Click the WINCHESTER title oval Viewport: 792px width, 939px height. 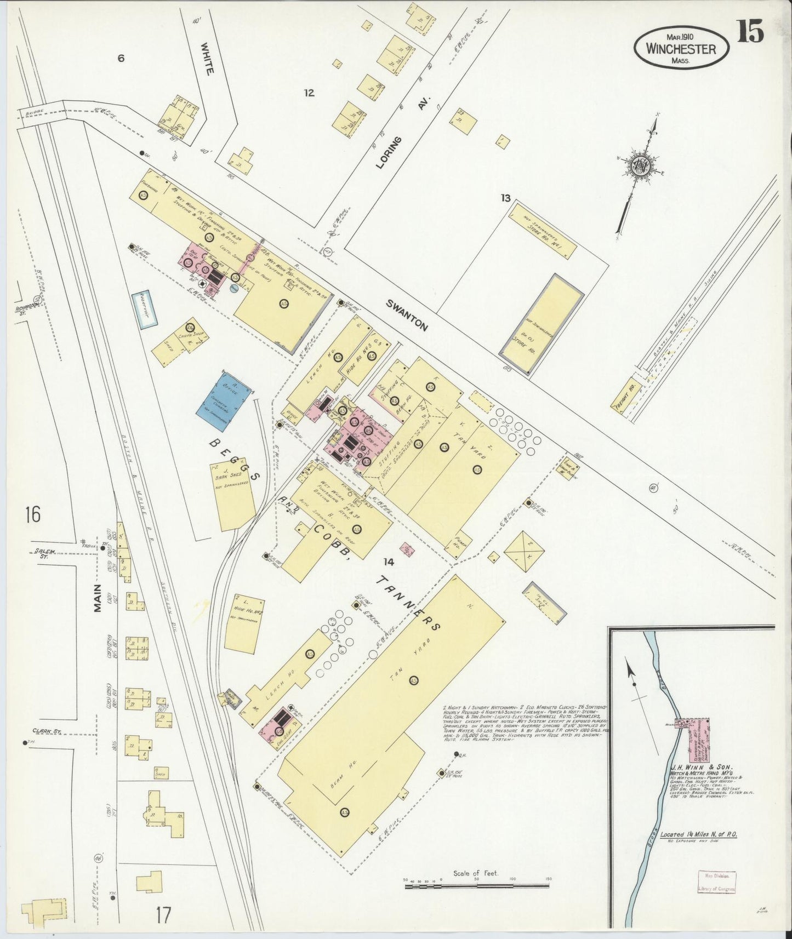pyautogui.click(x=681, y=48)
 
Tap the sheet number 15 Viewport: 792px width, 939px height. pyautogui.click(x=750, y=32)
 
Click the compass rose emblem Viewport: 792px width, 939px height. pyautogui.click(x=639, y=165)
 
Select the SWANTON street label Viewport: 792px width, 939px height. pyautogui.click(x=406, y=315)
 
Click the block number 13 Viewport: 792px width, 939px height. pyautogui.click(x=505, y=198)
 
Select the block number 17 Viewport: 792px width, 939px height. pyautogui.click(x=163, y=914)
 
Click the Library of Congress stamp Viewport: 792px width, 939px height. pyautogui.click(x=716, y=882)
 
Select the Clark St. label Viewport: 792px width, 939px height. pyautogui.click(x=45, y=731)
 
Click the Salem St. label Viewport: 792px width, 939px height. pyautogui.click(x=39, y=554)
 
